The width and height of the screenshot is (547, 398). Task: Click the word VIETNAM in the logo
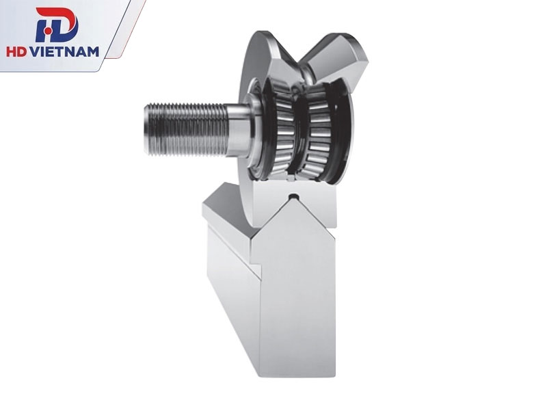[x=64, y=52]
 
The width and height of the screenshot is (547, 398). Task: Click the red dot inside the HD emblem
[x=49, y=31]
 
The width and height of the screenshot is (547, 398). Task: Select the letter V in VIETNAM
[x=36, y=52]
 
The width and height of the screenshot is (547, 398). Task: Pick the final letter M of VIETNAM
[x=92, y=52]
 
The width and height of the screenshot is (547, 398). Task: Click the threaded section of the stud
[x=187, y=129]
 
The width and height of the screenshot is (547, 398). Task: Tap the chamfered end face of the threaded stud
[x=146, y=129]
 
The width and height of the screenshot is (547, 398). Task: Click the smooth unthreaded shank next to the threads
[x=239, y=130]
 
